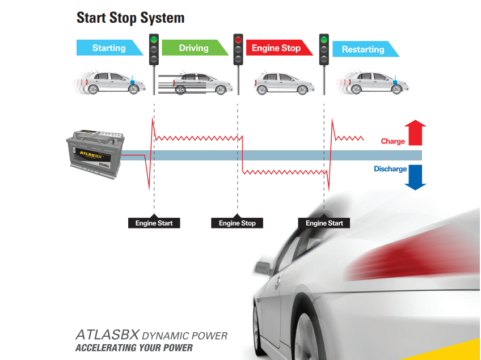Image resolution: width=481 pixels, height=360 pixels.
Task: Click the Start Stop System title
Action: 130,18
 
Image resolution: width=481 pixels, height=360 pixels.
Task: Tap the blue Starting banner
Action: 109,48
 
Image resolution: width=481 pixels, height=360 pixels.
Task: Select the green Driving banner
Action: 193,48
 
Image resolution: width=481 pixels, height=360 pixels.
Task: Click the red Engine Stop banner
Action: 276,48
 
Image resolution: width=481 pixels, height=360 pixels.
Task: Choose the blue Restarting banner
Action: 363,49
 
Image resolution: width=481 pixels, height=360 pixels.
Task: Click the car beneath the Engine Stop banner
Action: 284,83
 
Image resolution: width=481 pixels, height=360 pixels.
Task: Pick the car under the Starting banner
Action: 113,83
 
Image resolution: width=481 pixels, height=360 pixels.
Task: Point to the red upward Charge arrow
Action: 416,132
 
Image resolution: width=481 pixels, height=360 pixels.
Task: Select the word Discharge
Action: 390,169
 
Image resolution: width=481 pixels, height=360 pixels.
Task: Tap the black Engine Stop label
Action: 237,223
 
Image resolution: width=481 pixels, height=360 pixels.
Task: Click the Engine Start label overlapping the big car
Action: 324,223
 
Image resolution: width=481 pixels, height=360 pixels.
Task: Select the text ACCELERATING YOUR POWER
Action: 134,348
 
